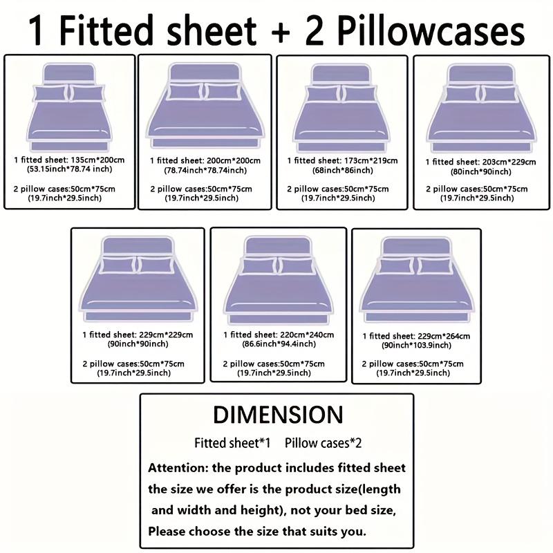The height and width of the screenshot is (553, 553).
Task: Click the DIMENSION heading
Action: tap(278, 414)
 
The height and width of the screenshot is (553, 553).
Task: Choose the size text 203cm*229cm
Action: tap(507, 162)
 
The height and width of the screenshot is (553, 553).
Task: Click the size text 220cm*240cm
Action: tap(306, 335)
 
